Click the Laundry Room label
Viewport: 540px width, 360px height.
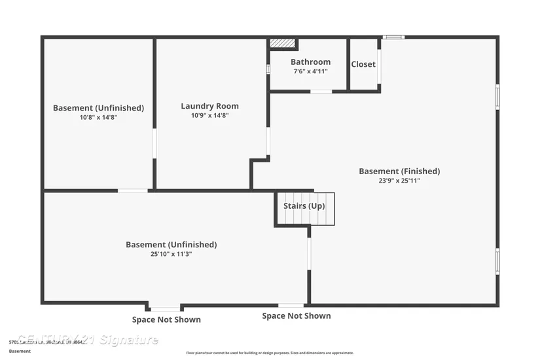pyautogui.click(x=209, y=106)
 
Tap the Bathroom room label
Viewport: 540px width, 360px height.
pyautogui.click(x=310, y=62)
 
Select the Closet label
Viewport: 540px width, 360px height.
pyautogui.click(x=363, y=64)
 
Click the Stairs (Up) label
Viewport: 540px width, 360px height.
pyautogui.click(x=304, y=206)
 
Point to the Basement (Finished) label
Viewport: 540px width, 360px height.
pyautogui.click(x=399, y=171)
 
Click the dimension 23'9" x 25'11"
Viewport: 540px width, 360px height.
pyautogui.click(x=399, y=181)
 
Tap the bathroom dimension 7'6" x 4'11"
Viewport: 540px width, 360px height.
pyautogui.click(x=310, y=71)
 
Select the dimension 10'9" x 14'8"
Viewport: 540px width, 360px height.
pyautogui.click(x=209, y=115)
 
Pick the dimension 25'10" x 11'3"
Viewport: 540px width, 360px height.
pyautogui.click(x=171, y=254)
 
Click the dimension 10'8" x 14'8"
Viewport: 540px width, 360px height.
pyautogui.click(x=98, y=117)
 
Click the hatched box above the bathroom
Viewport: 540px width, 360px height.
pyautogui.click(x=283, y=43)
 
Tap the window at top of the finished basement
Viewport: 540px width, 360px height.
pyautogui.click(x=393, y=37)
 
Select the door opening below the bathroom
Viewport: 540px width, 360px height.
pyautogui.click(x=321, y=92)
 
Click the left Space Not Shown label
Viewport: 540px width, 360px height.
pyautogui.click(x=166, y=319)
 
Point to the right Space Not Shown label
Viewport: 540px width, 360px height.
pyautogui.click(x=297, y=316)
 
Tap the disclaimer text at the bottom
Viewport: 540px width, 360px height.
pyautogui.click(x=270, y=353)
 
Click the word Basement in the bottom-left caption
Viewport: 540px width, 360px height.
pyautogui.click(x=20, y=351)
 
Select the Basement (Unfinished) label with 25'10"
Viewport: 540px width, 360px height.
pyautogui.click(x=171, y=245)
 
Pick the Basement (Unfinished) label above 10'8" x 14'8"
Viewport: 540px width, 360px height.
pyautogui.click(x=98, y=108)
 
